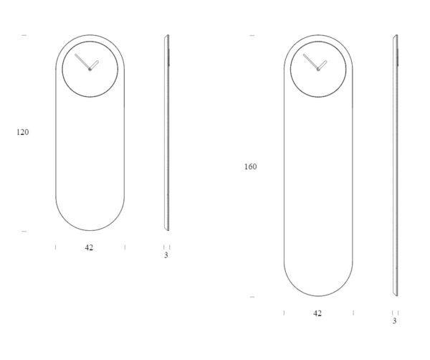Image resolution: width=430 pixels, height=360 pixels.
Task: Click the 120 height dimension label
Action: click(22, 132)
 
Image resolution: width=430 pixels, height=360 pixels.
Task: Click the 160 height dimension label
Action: click(250, 166)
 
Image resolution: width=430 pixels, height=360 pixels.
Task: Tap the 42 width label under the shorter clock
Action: click(89, 247)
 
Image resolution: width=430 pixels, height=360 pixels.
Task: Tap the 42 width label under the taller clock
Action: click(317, 313)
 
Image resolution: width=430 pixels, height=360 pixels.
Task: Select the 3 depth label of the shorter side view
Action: click(166, 255)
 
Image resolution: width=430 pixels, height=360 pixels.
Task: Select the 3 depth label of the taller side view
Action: click(394, 321)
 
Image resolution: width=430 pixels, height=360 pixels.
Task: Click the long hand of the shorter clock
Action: click(82, 62)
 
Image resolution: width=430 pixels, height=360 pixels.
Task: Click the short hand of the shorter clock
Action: click(94, 65)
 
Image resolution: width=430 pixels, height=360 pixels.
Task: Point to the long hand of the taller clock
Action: click(311, 62)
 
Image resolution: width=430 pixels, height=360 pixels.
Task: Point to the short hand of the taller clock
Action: click(322, 65)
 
